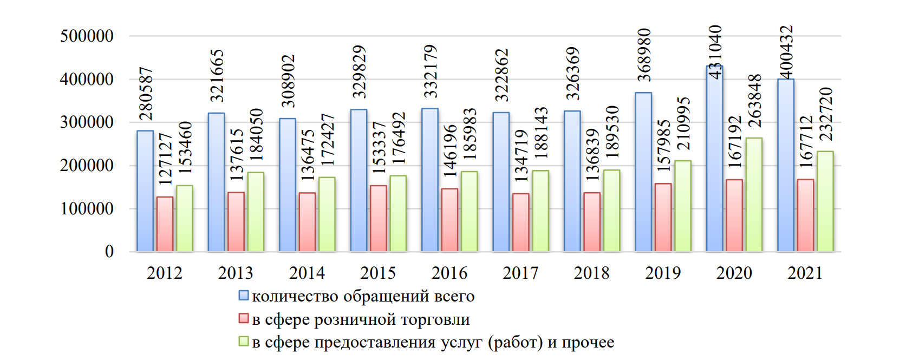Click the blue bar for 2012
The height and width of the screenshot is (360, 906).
145,191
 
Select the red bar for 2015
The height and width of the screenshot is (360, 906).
379,219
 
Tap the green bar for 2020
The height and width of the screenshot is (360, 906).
754,195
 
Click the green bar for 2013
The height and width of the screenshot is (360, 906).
256,212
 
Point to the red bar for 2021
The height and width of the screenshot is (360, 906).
805,215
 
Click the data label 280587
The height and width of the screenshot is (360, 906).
146,94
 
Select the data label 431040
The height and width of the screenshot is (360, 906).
715,52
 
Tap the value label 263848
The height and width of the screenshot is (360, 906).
754,101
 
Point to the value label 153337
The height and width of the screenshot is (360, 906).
379,147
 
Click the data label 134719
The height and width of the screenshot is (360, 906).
521,155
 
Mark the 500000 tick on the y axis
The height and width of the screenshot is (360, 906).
87,36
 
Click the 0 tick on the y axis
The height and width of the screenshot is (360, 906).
109,251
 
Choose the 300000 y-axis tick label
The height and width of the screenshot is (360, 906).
87,122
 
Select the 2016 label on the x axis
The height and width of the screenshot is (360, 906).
449,273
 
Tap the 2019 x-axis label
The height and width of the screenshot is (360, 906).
663,273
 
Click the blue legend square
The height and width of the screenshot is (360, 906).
244,296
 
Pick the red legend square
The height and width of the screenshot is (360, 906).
244,318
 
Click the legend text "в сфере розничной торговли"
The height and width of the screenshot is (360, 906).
361,319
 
